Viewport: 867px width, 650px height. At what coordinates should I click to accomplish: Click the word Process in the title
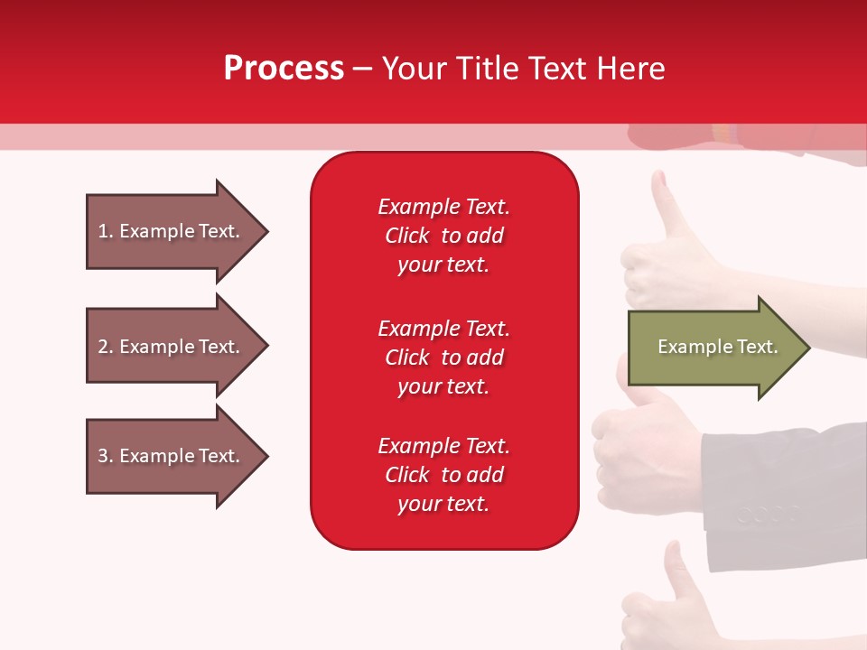click(284, 68)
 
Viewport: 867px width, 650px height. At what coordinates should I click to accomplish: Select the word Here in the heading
click(631, 68)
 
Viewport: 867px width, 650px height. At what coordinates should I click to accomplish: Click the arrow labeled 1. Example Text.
click(178, 231)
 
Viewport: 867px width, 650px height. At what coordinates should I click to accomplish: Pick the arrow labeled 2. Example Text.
click(178, 346)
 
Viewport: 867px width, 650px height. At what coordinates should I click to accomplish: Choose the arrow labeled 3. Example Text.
click(178, 455)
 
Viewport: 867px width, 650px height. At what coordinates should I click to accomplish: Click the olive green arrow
click(720, 347)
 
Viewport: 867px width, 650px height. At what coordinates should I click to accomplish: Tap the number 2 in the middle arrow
click(104, 347)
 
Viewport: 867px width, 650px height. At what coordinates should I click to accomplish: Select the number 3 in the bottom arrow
click(104, 456)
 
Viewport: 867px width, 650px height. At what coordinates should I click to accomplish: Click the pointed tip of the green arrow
click(810, 347)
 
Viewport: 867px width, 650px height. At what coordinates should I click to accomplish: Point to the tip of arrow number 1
click(268, 231)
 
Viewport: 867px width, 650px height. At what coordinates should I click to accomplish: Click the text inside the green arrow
click(718, 347)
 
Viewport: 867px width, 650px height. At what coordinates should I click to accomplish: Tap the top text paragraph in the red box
click(444, 236)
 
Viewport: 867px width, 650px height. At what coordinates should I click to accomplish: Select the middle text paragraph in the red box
click(444, 357)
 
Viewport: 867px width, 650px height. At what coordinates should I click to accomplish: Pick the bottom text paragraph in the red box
click(444, 475)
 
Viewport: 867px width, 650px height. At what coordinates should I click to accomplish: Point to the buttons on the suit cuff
click(769, 515)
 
